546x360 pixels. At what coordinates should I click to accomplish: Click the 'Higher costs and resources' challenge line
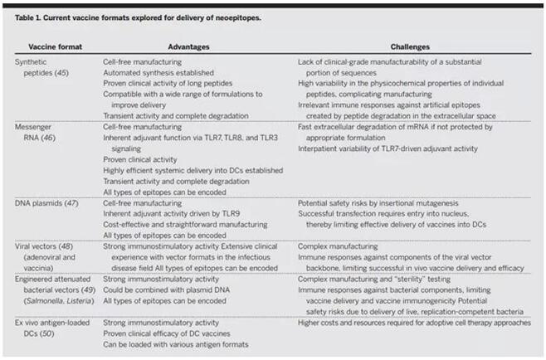[x=414, y=323]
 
